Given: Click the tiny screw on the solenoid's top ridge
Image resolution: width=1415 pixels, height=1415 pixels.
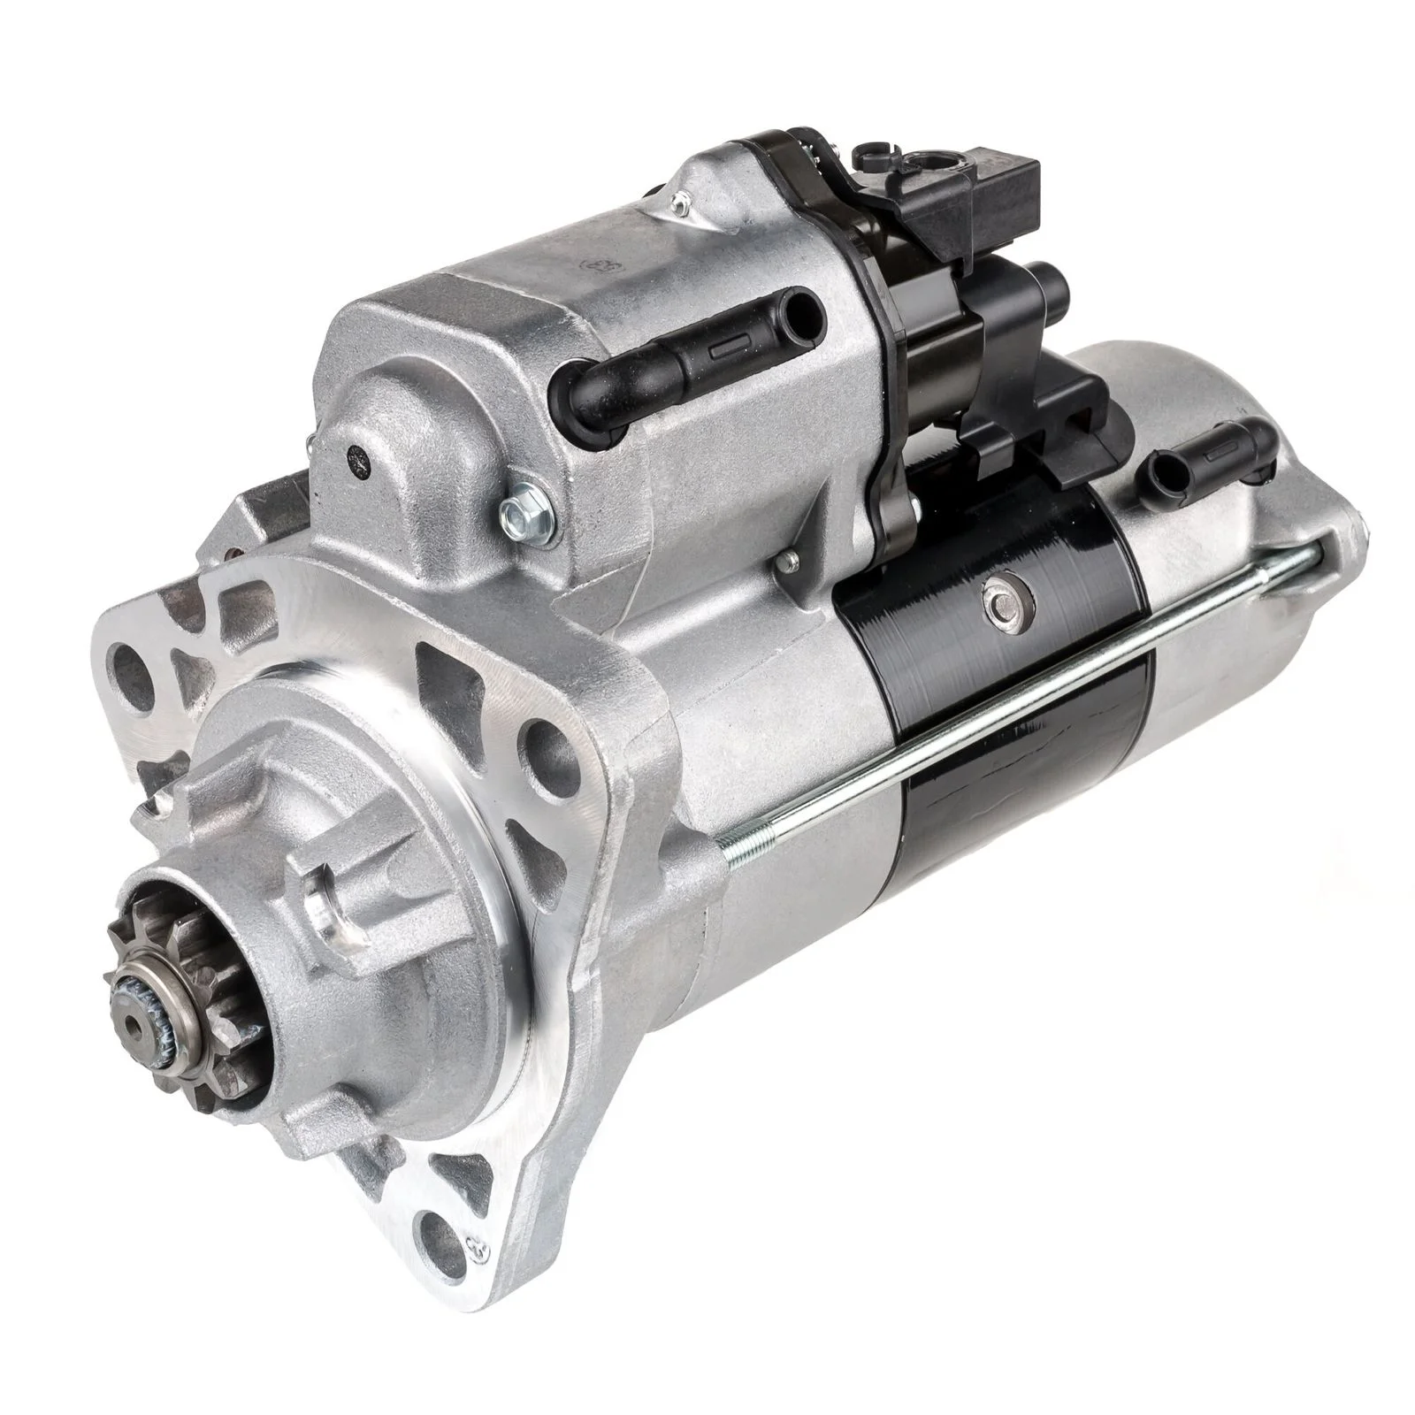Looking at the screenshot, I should (x=679, y=207).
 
